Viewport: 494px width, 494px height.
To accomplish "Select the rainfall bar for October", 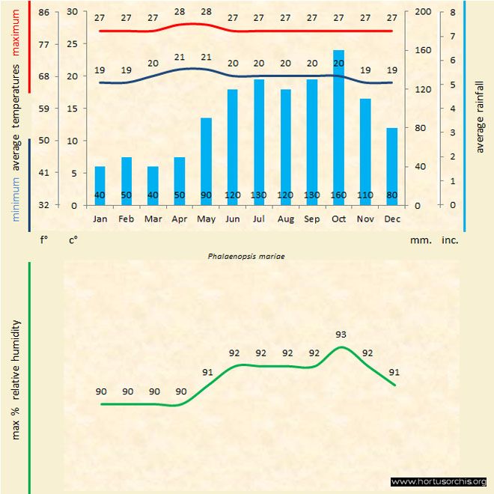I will pyautogui.click(x=339, y=127).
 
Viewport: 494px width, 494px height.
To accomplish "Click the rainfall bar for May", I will pyautogui.click(x=206, y=161).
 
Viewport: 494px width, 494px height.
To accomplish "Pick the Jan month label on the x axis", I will pyautogui.click(x=100, y=219).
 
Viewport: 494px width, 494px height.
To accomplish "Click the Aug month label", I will pyautogui.click(x=285, y=219).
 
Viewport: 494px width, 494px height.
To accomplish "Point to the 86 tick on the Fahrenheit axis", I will pyautogui.click(x=44, y=12).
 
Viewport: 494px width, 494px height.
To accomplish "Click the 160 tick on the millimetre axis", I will pyautogui.click(x=424, y=50).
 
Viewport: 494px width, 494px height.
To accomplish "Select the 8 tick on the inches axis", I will pyautogui.click(x=453, y=12).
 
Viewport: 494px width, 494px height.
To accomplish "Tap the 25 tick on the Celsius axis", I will pyautogui.click(x=72, y=44).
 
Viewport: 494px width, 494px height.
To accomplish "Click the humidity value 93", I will pyautogui.click(x=341, y=335).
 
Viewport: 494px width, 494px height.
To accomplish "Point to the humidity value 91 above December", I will pyautogui.click(x=394, y=372).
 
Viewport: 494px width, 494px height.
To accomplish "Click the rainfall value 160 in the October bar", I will pyautogui.click(x=339, y=196).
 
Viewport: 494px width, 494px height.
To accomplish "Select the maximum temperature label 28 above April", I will pyautogui.click(x=180, y=12).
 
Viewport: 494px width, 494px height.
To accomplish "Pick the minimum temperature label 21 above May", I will pyautogui.click(x=206, y=57).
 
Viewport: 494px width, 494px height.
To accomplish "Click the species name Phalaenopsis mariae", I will pyautogui.click(x=246, y=255).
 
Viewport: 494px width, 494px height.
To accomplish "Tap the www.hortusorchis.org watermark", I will pyautogui.click(x=439, y=481).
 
